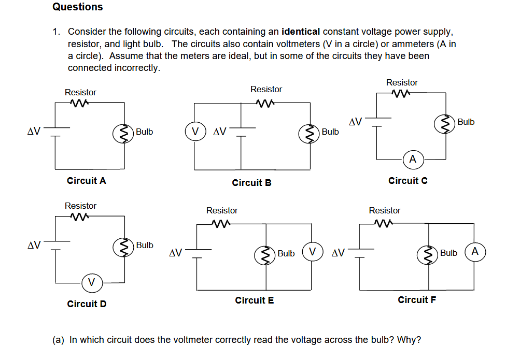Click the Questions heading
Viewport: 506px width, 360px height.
click(x=77, y=7)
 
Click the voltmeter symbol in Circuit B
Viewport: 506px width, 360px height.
click(x=195, y=132)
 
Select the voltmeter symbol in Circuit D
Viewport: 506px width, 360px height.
click(x=91, y=282)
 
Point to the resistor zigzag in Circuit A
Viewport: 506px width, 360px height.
click(x=80, y=103)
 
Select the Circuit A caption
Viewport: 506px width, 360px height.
click(x=87, y=181)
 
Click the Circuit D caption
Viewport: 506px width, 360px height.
click(x=87, y=304)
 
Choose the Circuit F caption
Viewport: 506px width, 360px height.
click(x=416, y=300)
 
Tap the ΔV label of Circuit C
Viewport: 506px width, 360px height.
click(x=356, y=122)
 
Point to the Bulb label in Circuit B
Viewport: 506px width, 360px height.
click(x=330, y=132)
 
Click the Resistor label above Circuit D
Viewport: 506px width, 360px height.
click(x=80, y=206)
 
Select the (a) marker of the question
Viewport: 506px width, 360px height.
click(x=59, y=340)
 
